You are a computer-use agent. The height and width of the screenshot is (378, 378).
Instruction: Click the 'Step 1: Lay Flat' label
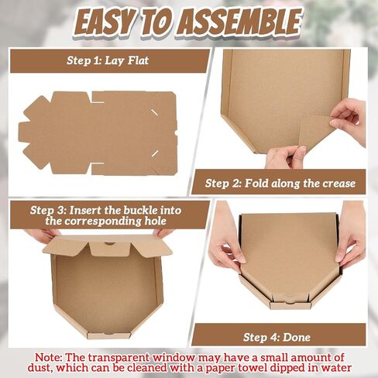(108, 60)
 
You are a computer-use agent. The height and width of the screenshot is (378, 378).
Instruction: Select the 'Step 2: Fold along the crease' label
(280, 184)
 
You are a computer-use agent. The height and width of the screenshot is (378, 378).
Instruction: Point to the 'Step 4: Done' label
(277, 337)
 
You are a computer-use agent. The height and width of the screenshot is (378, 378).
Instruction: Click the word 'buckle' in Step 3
(140, 211)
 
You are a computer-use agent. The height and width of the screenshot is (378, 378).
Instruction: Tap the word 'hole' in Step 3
(156, 222)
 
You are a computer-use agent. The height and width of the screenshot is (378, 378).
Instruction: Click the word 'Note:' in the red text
(49, 358)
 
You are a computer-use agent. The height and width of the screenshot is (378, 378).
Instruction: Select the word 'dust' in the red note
(40, 367)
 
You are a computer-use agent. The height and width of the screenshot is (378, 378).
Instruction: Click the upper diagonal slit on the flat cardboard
(154, 112)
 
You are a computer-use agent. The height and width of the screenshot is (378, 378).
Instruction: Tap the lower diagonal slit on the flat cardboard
(155, 153)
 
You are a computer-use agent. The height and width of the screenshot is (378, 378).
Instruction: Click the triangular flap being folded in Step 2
(315, 130)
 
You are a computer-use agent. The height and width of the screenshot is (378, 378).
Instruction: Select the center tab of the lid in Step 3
(110, 249)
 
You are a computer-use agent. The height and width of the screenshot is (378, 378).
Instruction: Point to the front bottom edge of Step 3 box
(108, 335)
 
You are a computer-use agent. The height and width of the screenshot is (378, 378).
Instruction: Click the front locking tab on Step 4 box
(290, 305)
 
